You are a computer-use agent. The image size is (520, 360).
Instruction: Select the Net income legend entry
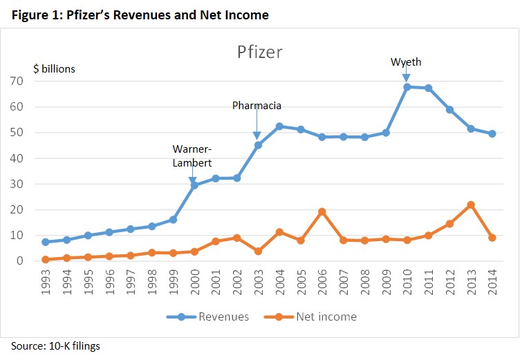tap(324, 316)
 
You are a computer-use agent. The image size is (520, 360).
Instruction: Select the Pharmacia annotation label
tap(257, 106)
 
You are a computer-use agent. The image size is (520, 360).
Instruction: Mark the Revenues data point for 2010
tap(407, 87)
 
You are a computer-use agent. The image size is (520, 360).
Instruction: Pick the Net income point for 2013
tap(471, 205)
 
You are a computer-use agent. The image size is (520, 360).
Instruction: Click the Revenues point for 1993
tap(45, 242)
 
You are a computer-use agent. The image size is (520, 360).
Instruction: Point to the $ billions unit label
tap(55, 68)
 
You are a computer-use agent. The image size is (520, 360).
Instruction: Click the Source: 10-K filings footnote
tap(55, 346)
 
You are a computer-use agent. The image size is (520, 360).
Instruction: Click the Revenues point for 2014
tap(492, 134)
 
